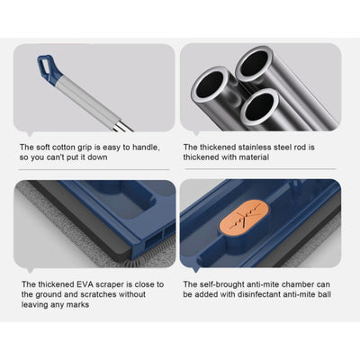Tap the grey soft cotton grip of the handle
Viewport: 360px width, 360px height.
click(87, 101)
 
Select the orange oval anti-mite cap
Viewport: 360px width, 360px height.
click(244, 219)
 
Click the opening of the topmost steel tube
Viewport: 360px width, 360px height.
click(254, 63)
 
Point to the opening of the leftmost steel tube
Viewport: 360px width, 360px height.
click(210, 84)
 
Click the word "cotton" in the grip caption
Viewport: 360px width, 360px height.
click(64, 148)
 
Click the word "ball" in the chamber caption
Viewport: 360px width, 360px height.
click(324, 294)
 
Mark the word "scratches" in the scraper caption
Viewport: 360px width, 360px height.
click(97, 294)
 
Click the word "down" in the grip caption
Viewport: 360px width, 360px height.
click(97, 157)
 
